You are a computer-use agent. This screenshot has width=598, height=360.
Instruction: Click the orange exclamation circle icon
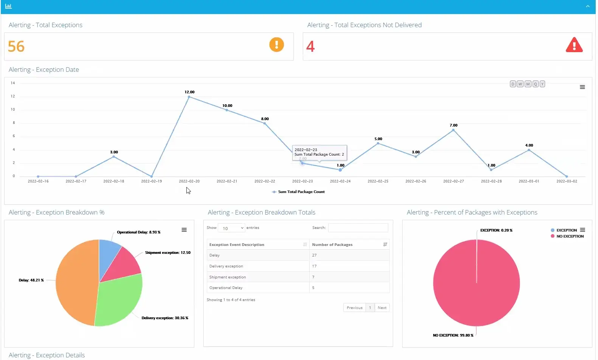[x=276, y=45]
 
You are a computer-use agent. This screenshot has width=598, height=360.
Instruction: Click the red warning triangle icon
[x=574, y=45]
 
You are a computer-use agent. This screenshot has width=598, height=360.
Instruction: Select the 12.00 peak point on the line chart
[x=189, y=97]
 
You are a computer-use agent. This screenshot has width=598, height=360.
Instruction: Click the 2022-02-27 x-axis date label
[x=453, y=181]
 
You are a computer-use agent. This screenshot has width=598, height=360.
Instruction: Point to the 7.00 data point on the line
[x=453, y=130]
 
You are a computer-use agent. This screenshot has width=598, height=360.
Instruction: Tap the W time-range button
[x=520, y=84]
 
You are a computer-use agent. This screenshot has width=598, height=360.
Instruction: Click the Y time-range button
[x=542, y=84]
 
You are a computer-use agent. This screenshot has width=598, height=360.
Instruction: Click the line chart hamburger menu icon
[x=582, y=87]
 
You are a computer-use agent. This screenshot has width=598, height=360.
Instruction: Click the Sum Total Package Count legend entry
[x=299, y=192]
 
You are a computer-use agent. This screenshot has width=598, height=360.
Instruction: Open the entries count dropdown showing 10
[x=231, y=228]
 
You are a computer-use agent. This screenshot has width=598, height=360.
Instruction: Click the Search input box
[x=358, y=228]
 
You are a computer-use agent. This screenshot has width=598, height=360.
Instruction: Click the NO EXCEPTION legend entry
[x=569, y=236]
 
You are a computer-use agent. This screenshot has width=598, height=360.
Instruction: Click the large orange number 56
[x=16, y=46]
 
